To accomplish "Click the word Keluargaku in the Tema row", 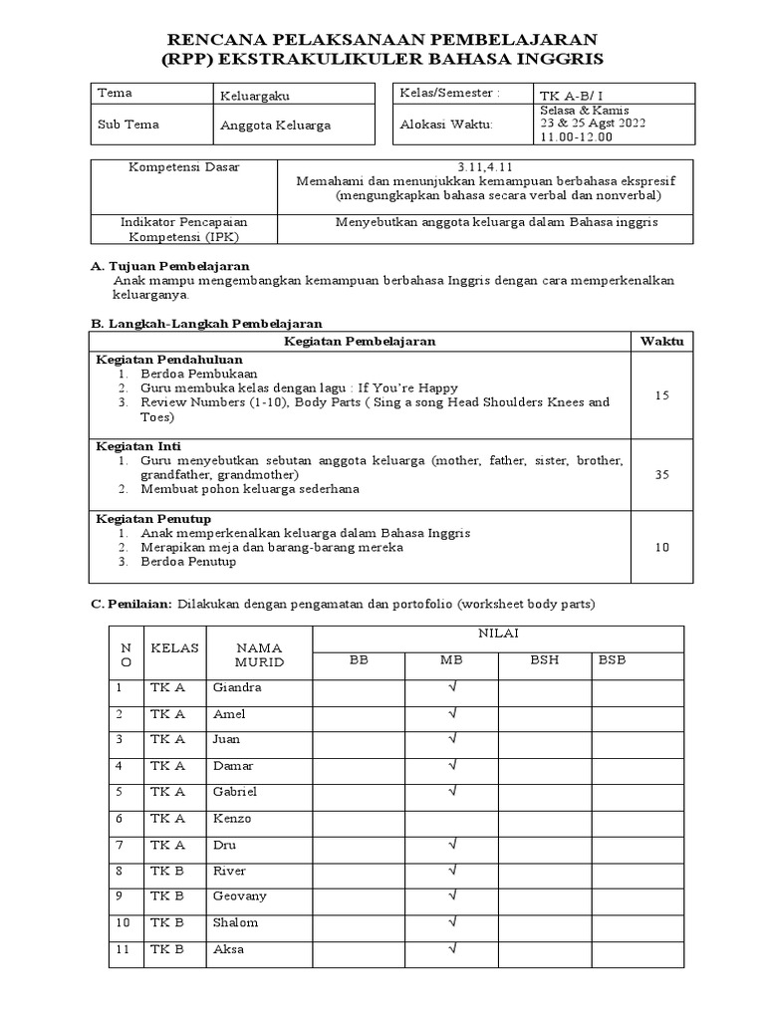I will coord(255,97).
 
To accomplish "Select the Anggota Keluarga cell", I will coord(275,126).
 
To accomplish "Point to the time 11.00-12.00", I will coord(577,137).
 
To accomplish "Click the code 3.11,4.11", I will coord(483,167).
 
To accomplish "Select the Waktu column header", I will coord(662,342).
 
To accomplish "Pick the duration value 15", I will coord(662,395).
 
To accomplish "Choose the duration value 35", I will coord(662,475).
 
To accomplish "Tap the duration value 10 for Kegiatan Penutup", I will coord(662,547).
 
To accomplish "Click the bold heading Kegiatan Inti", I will coord(137,445).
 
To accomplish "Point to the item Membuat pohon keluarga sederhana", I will coord(250,489).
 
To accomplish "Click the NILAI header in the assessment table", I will coord(498,633).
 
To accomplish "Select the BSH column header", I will coord(544,659).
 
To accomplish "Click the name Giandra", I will coord(236,688).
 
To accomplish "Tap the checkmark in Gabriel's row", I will coord(451,792).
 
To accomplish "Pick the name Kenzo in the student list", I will coord(231,819).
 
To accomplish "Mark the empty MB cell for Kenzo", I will coord(451,819).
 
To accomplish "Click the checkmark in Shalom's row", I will coord(451,922).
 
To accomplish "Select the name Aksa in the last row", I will coord(228,949).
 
